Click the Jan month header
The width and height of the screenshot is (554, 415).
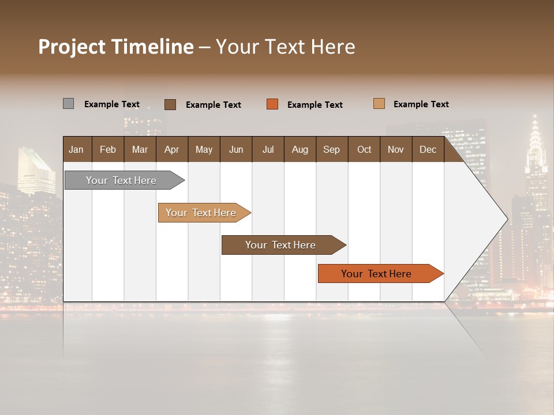(77, 149)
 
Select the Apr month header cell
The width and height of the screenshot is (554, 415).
(172, 149)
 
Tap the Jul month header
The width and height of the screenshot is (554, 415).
(268, 149)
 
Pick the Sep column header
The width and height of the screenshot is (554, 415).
(332, 149)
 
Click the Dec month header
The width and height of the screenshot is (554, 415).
(428, 149)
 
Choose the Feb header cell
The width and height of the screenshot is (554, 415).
(108, 149)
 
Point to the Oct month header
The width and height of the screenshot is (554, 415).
(364, 149)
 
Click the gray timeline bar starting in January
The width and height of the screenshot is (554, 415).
(121, 180)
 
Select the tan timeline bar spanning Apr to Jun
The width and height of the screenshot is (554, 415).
(201, 213)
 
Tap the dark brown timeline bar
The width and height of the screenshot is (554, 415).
(280, 245)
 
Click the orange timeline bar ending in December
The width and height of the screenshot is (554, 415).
(376, 274)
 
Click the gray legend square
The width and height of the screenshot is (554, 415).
(68, 104)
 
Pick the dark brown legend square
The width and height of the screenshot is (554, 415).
(170, 104)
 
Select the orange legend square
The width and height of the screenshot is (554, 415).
(272, 104)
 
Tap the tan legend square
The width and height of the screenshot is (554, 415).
(379, 104)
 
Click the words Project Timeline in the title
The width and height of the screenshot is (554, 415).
(116, 47)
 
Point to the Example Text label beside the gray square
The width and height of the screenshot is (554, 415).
(112, 104)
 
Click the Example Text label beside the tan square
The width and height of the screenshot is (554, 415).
(421, 104)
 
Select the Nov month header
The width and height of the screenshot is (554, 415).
(396, 149)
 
